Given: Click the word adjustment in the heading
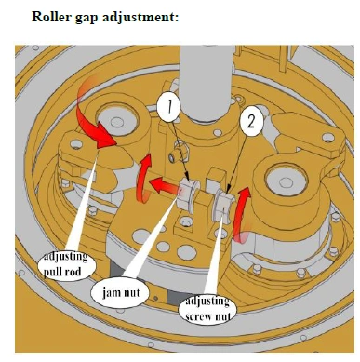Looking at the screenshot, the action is tap(140, 17).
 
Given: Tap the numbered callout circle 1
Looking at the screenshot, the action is tap(168, 107).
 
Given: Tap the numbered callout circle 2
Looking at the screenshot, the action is tap(251, 122).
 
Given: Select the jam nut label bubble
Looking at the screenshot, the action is tap(121, 292).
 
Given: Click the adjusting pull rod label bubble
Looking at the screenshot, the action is tap(63, 264).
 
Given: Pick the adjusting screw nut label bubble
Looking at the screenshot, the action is tap(207, 309).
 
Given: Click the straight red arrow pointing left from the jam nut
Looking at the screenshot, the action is tap(165, 186).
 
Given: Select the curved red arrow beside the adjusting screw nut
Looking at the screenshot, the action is tap(239, 214).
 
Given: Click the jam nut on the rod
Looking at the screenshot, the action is tap(188, 194).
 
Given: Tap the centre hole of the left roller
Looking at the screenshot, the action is tap(117, 122).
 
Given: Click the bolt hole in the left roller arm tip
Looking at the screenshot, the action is tap(76, 144).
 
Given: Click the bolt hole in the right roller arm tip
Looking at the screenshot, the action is tap(327, 137).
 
